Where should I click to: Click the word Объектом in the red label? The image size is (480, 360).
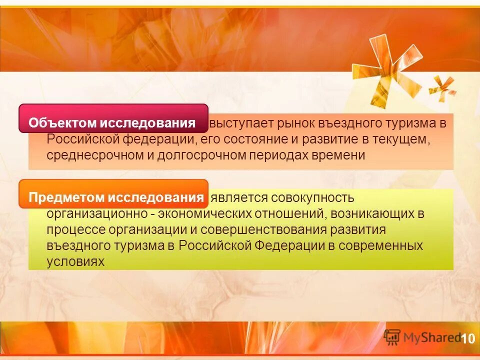tap(61, 123)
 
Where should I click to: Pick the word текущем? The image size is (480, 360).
tap(402, 139)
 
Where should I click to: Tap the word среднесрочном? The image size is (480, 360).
tap(95, 155)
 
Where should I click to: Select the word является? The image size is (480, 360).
tap(238, 198)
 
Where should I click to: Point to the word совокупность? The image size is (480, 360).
tap(312, 198)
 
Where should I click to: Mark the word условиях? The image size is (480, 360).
tap(75, 261)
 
